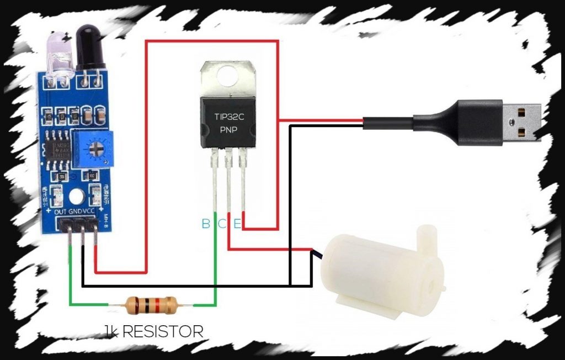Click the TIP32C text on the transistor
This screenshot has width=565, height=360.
(228, 117)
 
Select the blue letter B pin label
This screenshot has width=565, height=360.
(205, 224)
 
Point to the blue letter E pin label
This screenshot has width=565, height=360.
(237, 224)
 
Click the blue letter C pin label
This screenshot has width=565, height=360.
(221, 224)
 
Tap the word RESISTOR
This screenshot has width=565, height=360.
(162, 331)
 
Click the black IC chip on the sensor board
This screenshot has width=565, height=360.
(57, 148)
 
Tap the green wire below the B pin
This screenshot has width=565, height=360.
(216, 265)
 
